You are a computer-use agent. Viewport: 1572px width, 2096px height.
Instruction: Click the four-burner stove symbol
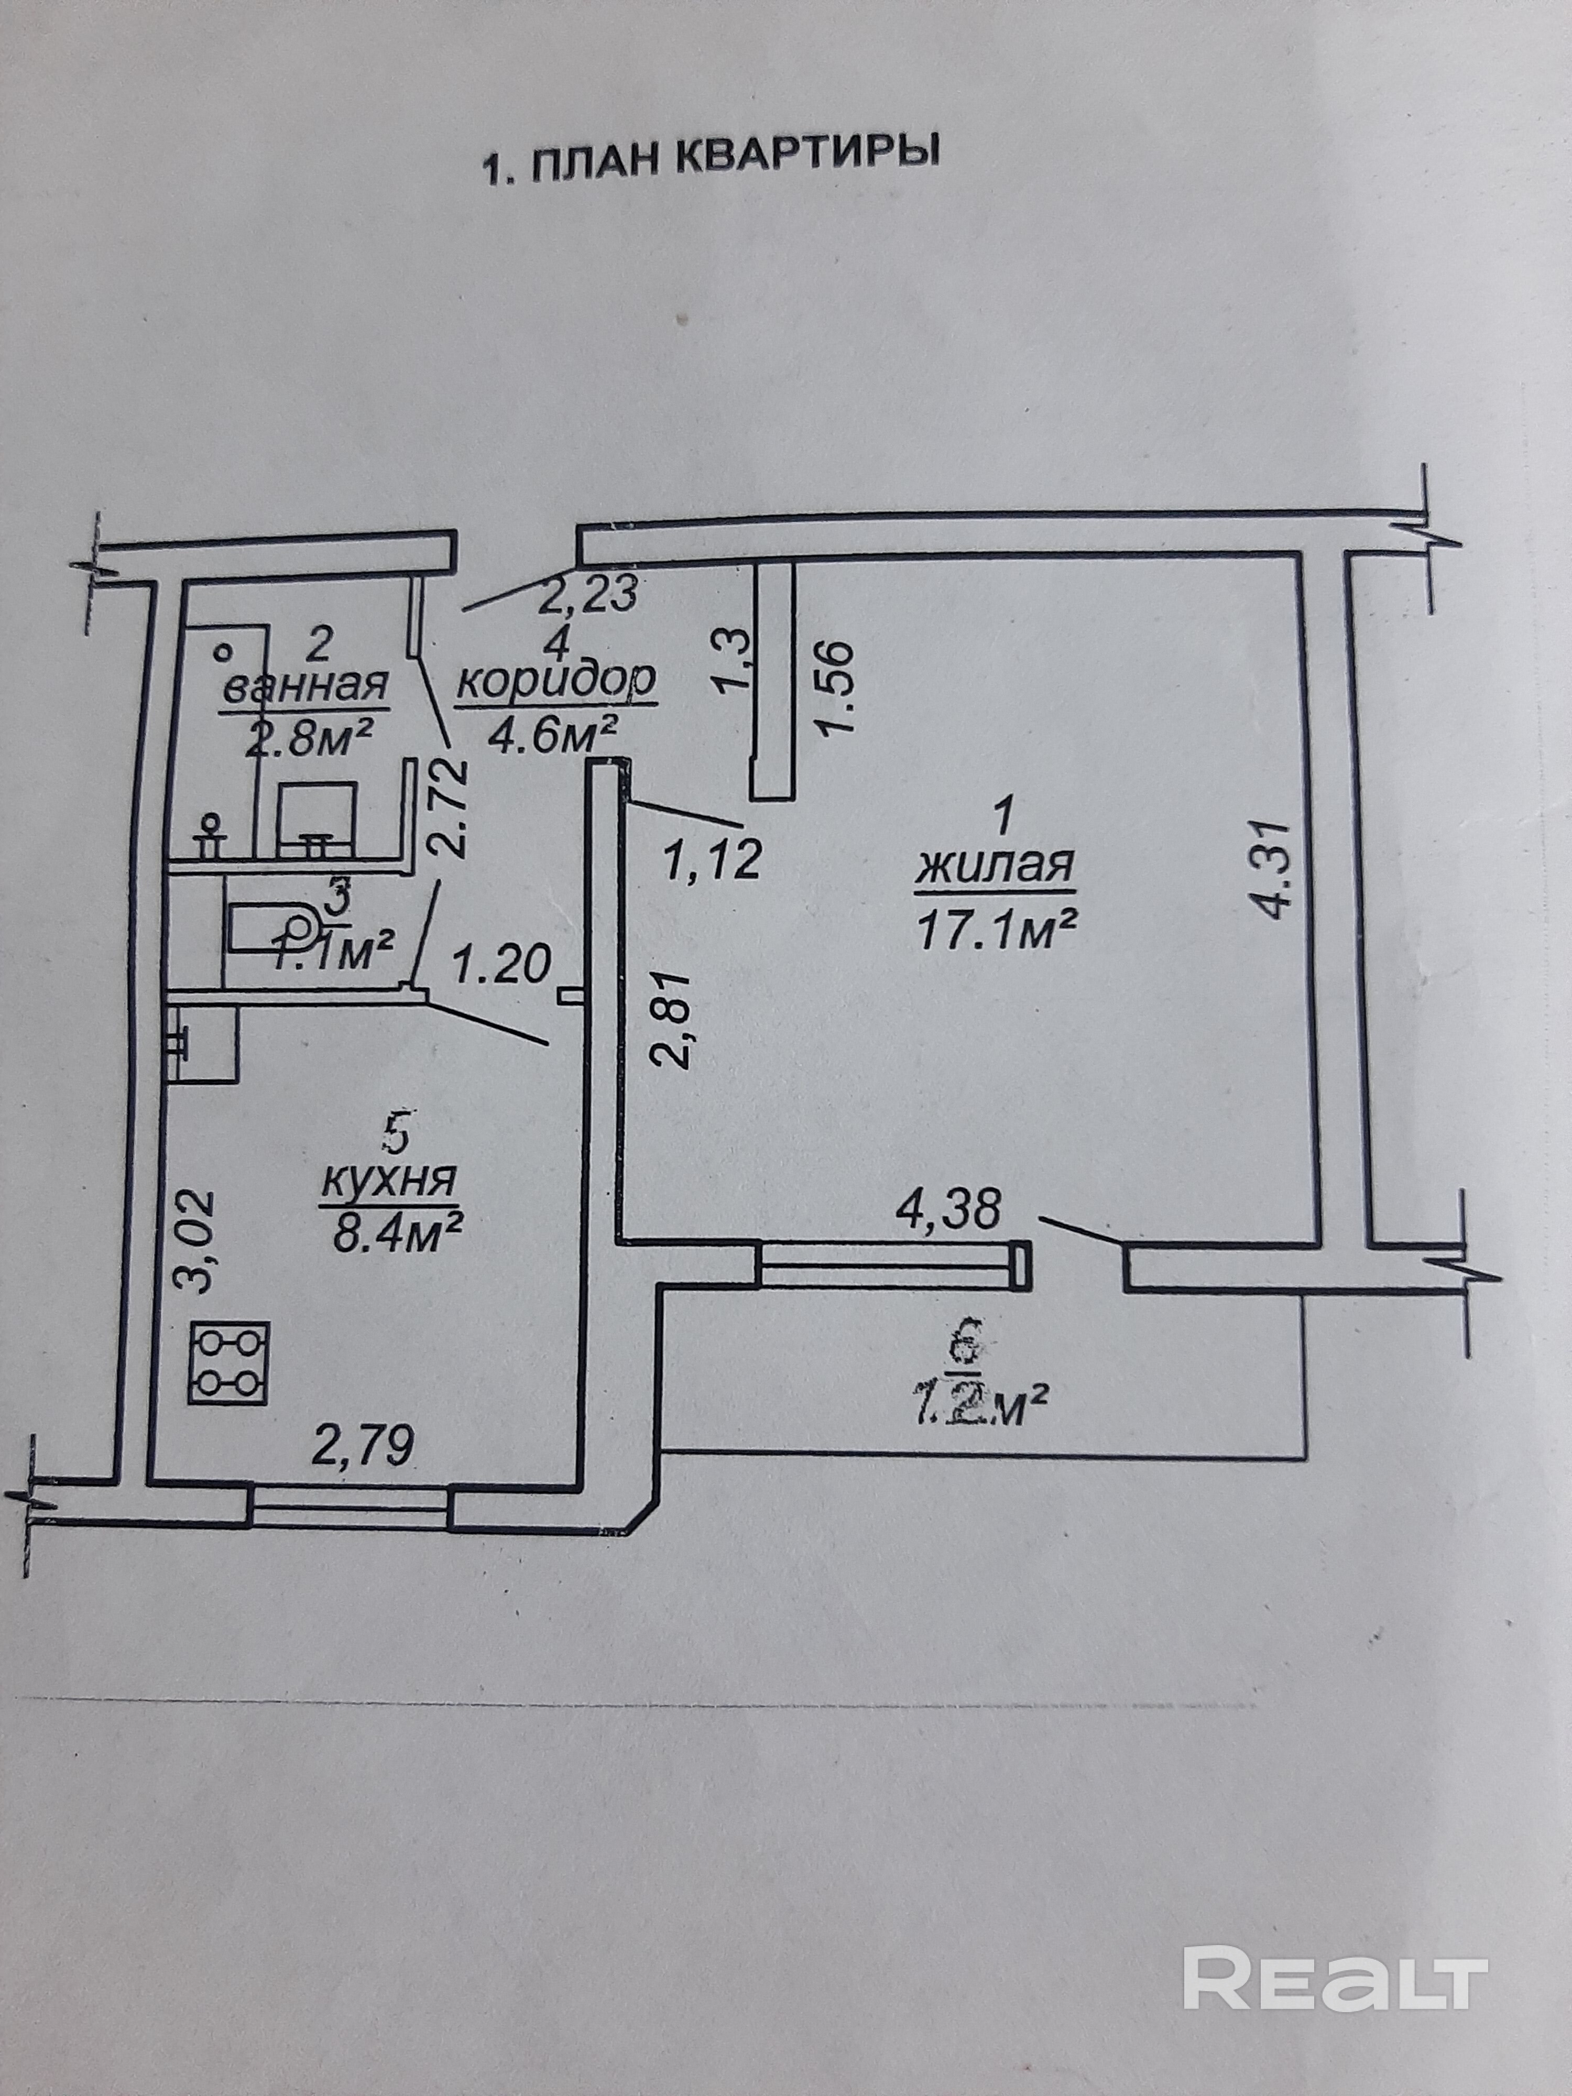[x=230, y=1363]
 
